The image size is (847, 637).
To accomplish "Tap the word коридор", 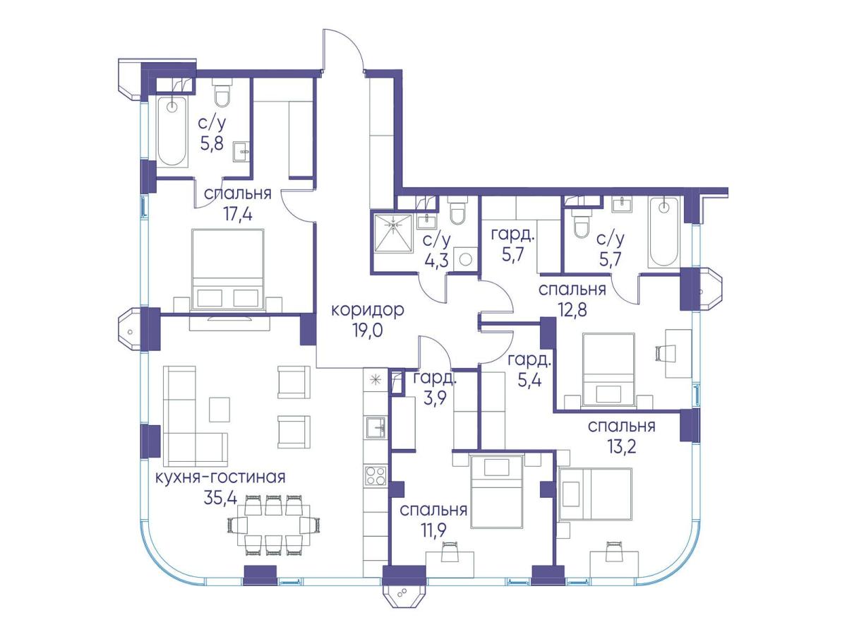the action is coord(367,311).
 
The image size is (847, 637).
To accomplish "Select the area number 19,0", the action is coord(367,331).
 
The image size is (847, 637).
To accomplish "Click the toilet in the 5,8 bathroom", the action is coord(222,93).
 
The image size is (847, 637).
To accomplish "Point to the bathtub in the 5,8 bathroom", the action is coord(172,131).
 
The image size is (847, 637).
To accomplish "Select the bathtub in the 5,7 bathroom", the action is coord(663,232).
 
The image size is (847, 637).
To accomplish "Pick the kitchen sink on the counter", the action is coord(376,427).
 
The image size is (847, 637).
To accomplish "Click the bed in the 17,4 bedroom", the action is coord(228,270).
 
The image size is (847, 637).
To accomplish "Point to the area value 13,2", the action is coord(620,446).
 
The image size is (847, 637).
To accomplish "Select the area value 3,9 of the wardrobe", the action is coord(435,397).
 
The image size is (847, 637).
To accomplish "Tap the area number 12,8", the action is coord(572,309).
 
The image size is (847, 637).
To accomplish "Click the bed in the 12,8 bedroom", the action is coord(608,370).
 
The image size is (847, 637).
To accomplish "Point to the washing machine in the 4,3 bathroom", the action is coord(465,259).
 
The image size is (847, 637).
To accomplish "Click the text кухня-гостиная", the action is coord(220,477).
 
